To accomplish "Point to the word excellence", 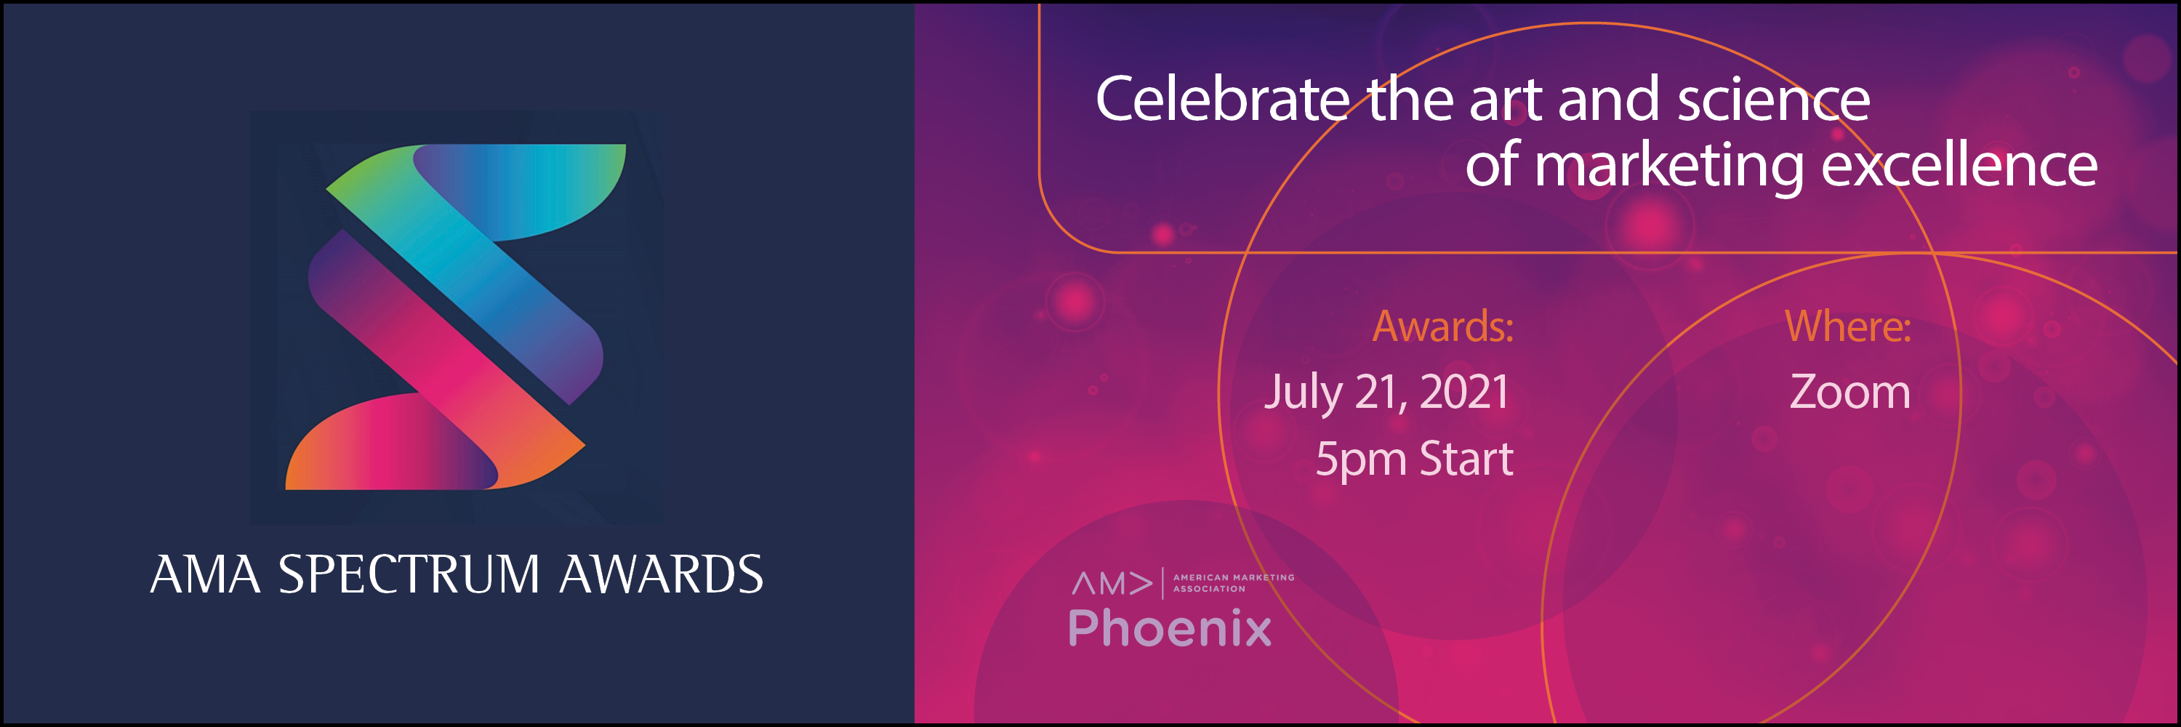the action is [x=1959, y=164].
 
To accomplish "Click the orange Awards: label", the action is [x=1442, y=326].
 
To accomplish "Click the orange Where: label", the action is [x=1848, y=326].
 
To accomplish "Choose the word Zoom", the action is [x=1850, y=392].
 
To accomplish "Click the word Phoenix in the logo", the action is [x=1170, y=628].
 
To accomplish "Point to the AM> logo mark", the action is [x=1112, y=583].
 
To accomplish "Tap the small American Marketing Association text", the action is [x=1234, y=583].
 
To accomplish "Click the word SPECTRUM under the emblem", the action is [x=409, y=574].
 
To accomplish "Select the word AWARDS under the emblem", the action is [x=662, y=574].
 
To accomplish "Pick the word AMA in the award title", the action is [x=205, y=574].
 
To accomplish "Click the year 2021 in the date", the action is [x=1464, y=392].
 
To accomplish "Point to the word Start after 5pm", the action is [x=1466, y=459].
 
